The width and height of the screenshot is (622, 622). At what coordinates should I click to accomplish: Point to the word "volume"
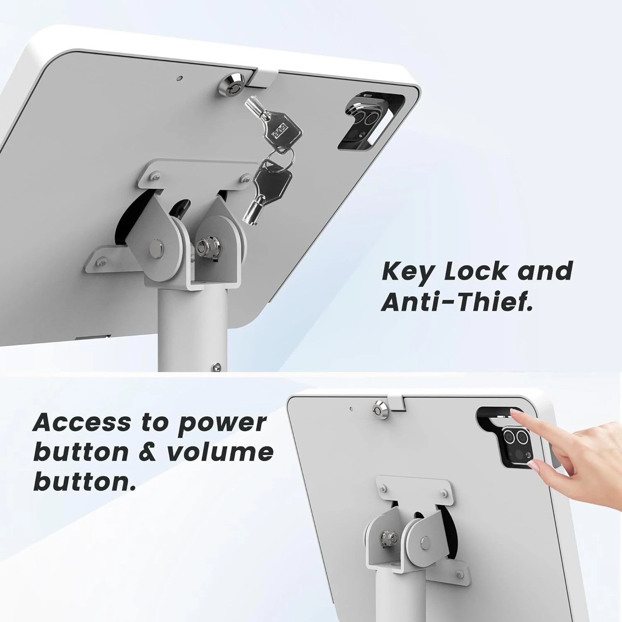click(x=220, y=452)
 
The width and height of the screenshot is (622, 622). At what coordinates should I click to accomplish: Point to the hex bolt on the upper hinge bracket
click(x=204, y=247)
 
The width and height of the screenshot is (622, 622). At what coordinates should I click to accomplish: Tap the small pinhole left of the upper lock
click(x=179, y=78)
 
